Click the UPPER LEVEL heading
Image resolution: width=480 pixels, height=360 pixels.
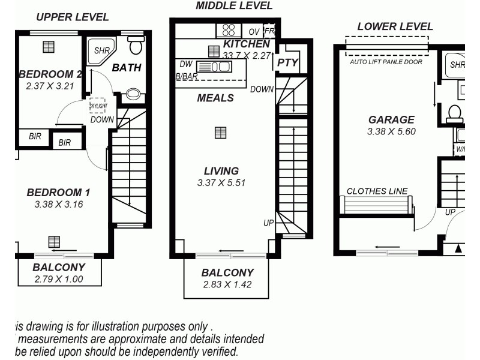coord(73,17)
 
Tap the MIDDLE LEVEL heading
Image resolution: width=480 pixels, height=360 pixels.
coord(234,6)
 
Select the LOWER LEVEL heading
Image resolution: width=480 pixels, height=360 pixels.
coord(395,26)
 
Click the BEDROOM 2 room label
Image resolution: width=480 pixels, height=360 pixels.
coord(50,74)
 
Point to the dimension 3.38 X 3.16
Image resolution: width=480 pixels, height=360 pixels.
coord(58,205)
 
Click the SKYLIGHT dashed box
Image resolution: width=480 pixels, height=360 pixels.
coord(97,106)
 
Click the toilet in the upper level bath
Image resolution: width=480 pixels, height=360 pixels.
coord(136,46)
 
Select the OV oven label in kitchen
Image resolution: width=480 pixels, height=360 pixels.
coord(254,31)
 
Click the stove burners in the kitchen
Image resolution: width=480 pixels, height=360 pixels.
coord(228,29)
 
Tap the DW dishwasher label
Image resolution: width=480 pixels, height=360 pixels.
coord(185,64)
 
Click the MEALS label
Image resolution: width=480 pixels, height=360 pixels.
coord(215,98)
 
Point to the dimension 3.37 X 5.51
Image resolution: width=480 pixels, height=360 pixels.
coord(221,183)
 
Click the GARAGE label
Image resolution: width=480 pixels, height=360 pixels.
coord(391,120)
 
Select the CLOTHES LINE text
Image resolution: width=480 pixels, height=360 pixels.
coord(377,191)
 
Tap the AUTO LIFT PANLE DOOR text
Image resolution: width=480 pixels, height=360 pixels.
coord(386,62)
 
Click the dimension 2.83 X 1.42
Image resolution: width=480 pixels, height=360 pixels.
coord(227,284)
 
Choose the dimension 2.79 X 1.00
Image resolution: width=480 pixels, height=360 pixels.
coord(59,279)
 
